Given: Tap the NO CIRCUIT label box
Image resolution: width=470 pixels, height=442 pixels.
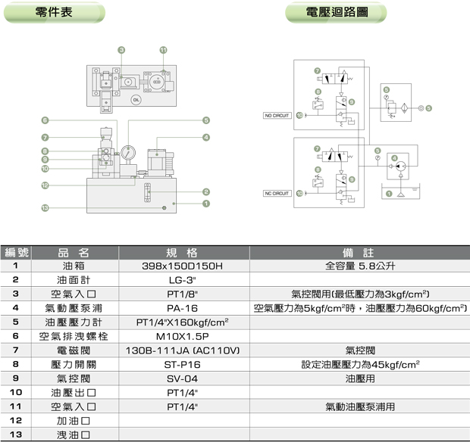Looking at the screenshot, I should click(x=277, y=115).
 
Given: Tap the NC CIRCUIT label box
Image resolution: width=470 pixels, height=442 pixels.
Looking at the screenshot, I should click(x=277, y=193).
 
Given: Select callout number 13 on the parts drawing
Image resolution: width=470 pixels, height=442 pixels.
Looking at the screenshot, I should click(x=45, y=207).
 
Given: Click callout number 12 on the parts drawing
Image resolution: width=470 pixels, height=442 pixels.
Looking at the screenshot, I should click(x=45, y=185).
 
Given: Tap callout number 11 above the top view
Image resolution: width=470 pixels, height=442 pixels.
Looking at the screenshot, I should click(x=163, y=50).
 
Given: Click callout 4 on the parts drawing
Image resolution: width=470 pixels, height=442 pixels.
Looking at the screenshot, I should click(x=205, y=137).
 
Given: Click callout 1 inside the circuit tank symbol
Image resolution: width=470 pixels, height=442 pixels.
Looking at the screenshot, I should click(x=389, y=194).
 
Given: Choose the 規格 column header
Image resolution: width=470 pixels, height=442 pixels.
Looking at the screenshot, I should click(x=181, y=253).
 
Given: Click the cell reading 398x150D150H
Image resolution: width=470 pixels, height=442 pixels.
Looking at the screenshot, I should click(x=181, y=266).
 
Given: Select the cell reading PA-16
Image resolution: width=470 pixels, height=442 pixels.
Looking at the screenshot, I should click(x=181, y=308).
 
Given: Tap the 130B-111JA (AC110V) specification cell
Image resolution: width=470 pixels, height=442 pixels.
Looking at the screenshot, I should click(x=181, y=350).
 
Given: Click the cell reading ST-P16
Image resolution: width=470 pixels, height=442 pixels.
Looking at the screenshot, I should click(x=181, y=364).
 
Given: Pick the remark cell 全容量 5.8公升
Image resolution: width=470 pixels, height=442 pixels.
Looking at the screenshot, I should click(x=360, y=266).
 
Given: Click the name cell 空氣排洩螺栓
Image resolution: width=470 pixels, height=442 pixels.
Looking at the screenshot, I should click(x=74, y=336).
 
